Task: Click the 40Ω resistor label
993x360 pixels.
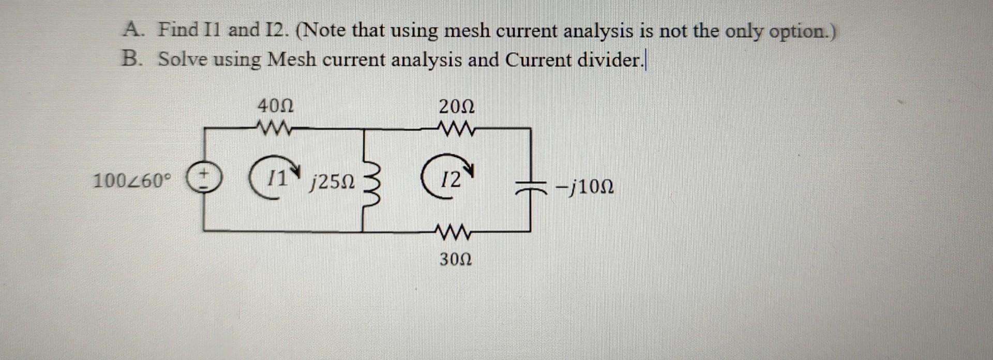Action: point(276,107)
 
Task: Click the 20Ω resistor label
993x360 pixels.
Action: point(456,107)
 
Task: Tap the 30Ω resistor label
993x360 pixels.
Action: point(455,259)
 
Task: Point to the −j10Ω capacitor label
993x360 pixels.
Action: point(584,186)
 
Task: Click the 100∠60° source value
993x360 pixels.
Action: point(131,181)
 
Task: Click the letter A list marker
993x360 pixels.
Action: point(131,29)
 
